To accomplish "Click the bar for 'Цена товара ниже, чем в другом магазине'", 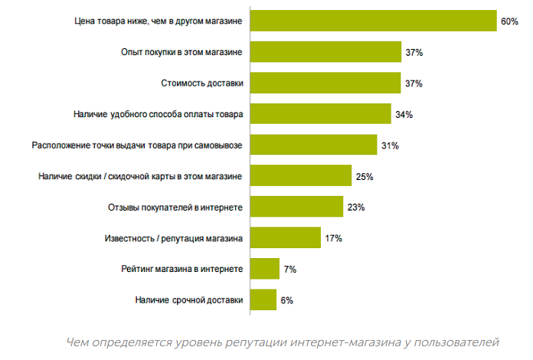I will click(374, 21).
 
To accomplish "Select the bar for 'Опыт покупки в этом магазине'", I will click(326, 52).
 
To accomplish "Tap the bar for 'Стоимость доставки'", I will click(326, 83).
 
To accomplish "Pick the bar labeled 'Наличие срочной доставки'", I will click(263, 299).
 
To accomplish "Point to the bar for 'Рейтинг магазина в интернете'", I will click(265, 269).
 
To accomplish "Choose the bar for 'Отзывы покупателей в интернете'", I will click(296, 207).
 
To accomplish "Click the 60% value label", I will click(509, 21).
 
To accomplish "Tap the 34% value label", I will click(404, 114).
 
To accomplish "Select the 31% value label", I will click(390, 146).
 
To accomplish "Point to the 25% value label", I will click(364, 176).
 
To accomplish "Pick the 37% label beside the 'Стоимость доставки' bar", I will click(414, 83).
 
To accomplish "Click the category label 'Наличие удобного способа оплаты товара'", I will click(159, 114).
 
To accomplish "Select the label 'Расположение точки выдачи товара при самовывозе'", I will click(137, 145).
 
